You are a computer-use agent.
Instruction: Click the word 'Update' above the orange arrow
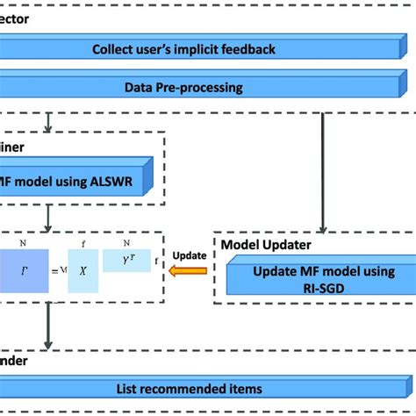point(189,255)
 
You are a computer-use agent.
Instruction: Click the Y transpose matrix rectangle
point(126,260)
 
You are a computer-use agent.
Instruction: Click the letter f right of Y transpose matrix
point(155,260)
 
